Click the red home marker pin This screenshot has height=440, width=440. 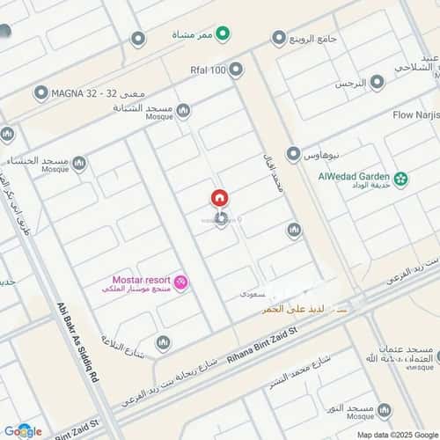(219, 199)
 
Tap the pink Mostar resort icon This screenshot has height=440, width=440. (181, 282)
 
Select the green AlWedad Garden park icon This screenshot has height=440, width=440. (401, 179)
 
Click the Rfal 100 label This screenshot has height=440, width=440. (208, 69)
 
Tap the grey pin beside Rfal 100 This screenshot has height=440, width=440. (236, 69)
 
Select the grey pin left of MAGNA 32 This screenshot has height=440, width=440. (40, 92)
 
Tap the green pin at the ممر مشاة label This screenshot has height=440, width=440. (224, 35)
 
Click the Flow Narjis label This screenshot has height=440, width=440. (414, 114)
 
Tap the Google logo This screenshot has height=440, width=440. (22, 430)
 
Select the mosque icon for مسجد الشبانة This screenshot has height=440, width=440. (183, 111)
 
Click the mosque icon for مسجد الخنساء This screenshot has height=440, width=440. (80, 164)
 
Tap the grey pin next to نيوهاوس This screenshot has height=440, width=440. (293, 153)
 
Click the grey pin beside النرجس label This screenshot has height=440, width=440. (377, 83)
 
